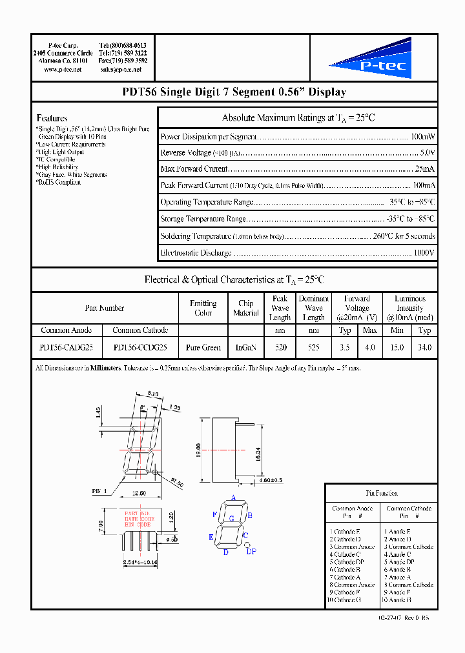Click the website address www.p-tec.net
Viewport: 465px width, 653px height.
tap(63, 69)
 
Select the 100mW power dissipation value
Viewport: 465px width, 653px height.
tap(423, 137)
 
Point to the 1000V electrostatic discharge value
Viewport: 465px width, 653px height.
tap(424, 252)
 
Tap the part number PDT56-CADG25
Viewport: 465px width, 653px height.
tap(66, 347)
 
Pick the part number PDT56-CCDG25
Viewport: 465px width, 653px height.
tap(140, 347)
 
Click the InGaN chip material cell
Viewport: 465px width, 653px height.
tap(246, 347)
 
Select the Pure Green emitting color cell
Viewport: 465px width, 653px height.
tap(203, 347)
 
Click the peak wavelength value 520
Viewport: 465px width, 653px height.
tap(280, 347)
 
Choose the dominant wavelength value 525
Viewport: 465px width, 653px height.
tap(313, 347)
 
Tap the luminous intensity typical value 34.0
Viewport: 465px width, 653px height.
tap(424, 347)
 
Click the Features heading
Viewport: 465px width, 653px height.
tap(52, 118)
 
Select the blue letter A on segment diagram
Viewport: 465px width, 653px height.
tap(232, 499)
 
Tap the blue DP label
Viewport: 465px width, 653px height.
tap(251, 551)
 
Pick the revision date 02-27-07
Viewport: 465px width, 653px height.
tap(391, 618)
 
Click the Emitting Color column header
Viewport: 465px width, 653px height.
tap(203, 308)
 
